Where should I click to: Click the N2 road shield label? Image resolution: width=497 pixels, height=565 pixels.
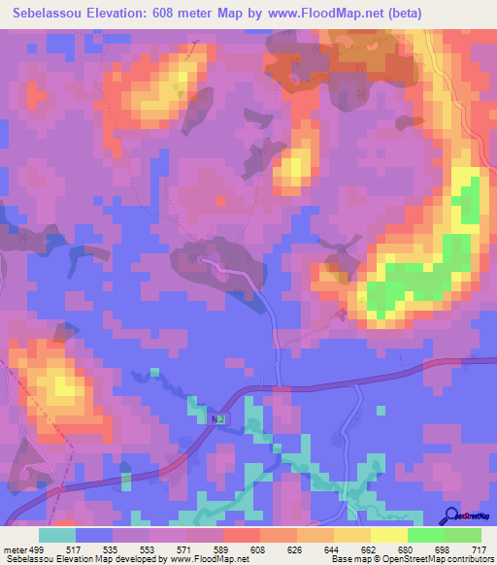coord(219,418)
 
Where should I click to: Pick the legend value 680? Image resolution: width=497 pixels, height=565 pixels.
coord(408,549)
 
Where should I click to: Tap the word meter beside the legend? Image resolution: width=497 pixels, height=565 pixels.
coord(16,549)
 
